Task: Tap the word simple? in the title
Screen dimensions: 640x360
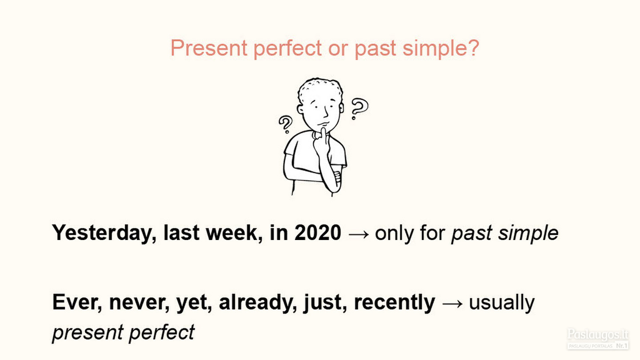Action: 441,49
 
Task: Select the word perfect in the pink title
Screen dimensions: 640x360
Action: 288,49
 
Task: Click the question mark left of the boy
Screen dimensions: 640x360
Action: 285,124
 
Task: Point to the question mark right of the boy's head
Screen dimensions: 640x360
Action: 360,108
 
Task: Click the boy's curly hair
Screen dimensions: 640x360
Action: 320,87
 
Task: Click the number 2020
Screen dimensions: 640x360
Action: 318,232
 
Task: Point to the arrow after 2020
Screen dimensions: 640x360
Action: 359,234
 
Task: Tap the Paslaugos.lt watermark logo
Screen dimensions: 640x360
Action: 598,339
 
